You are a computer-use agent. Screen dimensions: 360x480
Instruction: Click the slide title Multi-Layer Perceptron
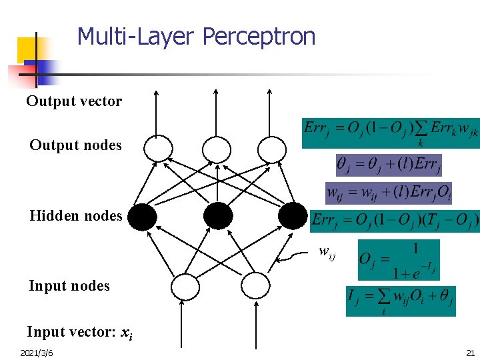(196, 36)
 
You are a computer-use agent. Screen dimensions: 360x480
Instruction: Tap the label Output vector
(74, 101)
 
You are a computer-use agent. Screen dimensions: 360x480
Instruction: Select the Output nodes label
(75, 145)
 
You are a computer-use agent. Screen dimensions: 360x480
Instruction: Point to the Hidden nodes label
(75, 215)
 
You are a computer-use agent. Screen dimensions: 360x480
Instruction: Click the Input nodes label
(69, 286)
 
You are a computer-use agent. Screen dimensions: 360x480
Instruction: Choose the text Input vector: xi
(79, 332)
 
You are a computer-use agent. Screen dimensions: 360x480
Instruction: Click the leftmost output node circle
(158, 149)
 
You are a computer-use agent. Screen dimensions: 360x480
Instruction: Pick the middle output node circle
(216, 149)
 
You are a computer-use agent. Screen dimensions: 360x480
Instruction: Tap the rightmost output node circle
(271, 149)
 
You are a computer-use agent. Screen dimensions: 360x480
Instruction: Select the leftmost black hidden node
(142, 217)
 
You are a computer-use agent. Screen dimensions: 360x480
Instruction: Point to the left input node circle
(185, 287)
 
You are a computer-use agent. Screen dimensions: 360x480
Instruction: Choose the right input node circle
(254, 287)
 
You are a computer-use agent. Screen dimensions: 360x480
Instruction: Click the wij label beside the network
(327, 252)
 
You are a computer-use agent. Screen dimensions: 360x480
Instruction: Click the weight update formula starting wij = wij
(388, 192)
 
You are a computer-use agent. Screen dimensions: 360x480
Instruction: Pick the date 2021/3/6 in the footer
(37, 352)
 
